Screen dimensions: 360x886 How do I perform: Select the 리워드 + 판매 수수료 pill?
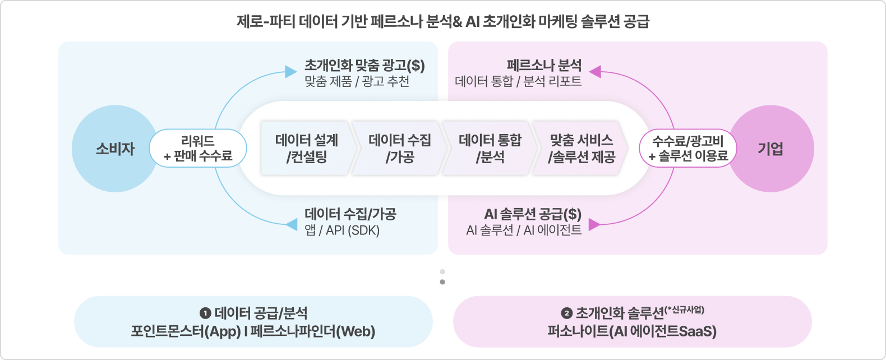coord(198,149)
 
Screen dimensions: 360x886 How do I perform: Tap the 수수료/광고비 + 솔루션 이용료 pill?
coord(688,149)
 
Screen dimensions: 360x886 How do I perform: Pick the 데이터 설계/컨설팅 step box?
coord(307,148)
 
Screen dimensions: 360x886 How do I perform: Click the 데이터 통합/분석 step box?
coord(490,148)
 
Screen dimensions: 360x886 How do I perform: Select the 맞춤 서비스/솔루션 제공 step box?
coord(581,148)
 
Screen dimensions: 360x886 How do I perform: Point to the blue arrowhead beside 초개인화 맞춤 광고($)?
coord(290,72)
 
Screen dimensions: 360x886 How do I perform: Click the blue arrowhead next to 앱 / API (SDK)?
coord(291,225)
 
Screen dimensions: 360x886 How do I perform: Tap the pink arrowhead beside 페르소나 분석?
coord(595,72)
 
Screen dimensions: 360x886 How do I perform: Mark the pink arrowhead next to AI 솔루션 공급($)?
coord(594,225)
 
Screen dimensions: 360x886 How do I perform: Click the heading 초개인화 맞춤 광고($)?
coord(364,66)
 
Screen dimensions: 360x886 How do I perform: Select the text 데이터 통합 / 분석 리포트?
coord(518,81)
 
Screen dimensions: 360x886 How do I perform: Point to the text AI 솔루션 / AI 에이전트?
coord(524,230)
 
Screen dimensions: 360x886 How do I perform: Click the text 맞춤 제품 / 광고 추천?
coord(357,81)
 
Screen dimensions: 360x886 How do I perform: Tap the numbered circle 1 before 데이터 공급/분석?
coord(205,313)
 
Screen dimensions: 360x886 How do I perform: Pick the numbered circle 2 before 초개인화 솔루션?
coord(566,313)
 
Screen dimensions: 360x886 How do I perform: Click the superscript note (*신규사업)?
coord(685,310)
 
